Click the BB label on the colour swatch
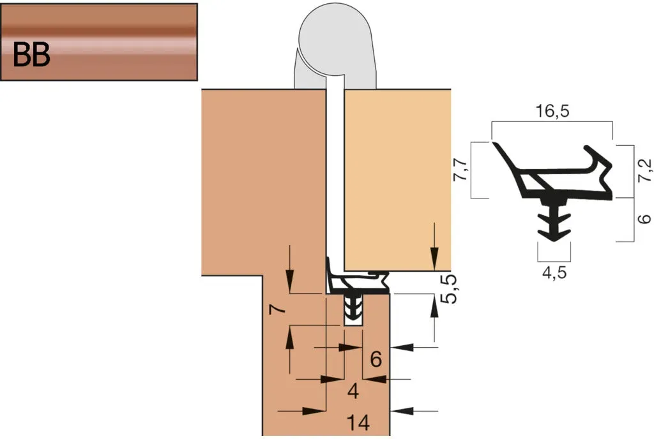point(32,55)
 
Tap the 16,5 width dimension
point(552,111)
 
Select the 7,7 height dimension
point(460,170)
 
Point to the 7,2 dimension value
point(645,170)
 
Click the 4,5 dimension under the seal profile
point(554,272)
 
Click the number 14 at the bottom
point(358,423)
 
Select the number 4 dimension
point(353,391)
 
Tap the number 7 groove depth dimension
point(277,309)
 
